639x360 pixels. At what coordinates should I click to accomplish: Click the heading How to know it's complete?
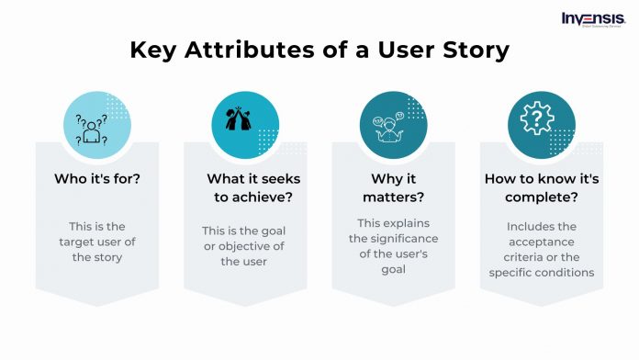pos(543,188)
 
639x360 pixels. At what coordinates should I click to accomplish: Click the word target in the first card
pos(78,242)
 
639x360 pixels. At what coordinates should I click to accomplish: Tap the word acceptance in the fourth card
pos(543,240)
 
